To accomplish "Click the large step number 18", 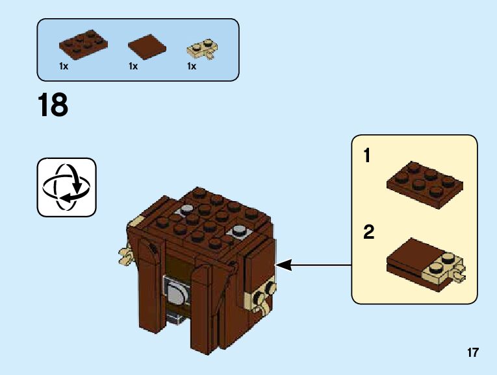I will [x=53, y=105].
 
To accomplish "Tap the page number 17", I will [x=472, y=353].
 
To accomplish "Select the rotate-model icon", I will [x=66, y=187].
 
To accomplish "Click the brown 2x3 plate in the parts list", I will [x=83, y=43].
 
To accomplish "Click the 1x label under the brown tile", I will [x=133, y=67].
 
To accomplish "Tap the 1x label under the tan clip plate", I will [x=192, y=67].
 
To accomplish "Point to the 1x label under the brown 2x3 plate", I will [x=64, y=67].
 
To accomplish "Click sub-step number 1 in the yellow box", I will [x=368, y=156].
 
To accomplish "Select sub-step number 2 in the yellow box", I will [x=369, y=232].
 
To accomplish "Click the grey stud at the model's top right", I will [x=240, y=230].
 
